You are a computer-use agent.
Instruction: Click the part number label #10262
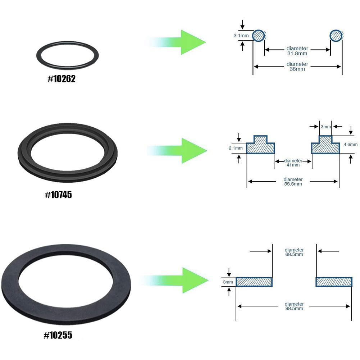click(x=61, y=79)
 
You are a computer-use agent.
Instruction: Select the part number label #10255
click(x=58, y=335)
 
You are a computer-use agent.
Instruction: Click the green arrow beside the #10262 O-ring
click(x=180, y=42)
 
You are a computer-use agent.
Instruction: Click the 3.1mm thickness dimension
click(x=239, y=36)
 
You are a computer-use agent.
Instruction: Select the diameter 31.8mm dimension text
click(x=297, y=51)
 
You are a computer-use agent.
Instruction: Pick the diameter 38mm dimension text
click(x=297, y=67)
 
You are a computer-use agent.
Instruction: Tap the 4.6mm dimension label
click(x=350, y=145)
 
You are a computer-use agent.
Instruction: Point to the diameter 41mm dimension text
click(x=293, y=163)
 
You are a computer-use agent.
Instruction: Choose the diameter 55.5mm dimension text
click(x=293, y=182)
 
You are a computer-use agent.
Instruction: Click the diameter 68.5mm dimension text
click(x=294, y=252)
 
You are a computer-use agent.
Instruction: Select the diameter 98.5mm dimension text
click(x=294, y=306)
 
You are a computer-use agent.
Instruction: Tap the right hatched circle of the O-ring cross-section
click(x=337, y=36)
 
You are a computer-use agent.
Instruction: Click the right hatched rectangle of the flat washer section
click(x=334, y=282)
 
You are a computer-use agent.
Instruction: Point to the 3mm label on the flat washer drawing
click(x=228, y=282)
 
